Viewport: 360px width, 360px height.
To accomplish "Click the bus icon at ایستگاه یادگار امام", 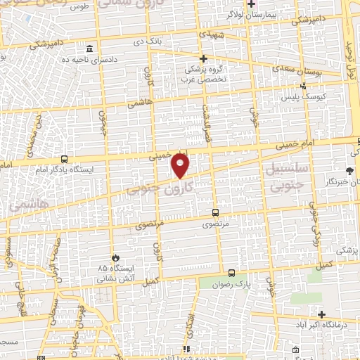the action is pyautogui.click(x=65, y=159).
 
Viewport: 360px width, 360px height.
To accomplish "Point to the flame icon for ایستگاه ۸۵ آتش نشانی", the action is pyautogui.click(x=116, y=257).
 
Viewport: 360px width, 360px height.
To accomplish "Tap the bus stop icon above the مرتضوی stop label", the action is pyautogui.click(x=215, y=212).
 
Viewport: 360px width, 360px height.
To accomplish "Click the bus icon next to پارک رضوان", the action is pyautogui.click(x=232, y=272).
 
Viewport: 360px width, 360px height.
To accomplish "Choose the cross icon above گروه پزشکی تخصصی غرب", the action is pyautogui.click(x=204, y=58).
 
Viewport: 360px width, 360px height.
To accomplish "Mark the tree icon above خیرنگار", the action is pyautogui.click(x=349, y=171).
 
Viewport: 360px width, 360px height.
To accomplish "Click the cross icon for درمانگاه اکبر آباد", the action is pyautogui.click(x=321, y=314).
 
